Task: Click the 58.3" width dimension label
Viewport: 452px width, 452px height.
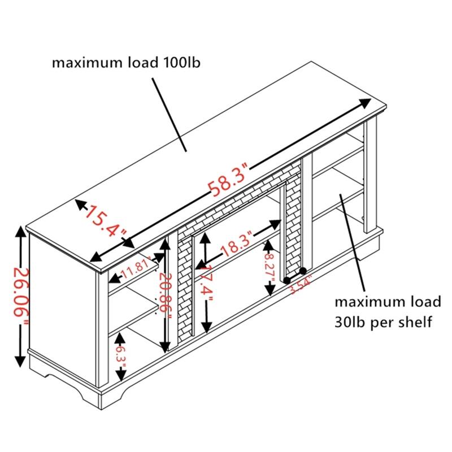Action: coord(228,180)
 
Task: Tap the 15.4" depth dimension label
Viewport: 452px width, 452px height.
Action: coord(105,220)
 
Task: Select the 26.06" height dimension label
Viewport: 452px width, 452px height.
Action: coord(21,297)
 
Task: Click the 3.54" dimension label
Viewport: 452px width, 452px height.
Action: coord(301,285)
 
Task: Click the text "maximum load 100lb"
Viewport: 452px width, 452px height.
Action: coord(126,63)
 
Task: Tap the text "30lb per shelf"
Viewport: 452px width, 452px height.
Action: coord(383,321)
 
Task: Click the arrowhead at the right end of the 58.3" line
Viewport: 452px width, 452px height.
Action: coord(366,103)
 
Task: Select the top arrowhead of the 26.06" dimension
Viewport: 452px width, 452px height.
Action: coord(20,232)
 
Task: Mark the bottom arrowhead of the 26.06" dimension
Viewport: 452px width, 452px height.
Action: coord(20,361)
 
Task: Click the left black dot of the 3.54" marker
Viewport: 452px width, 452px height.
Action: coord(287,280)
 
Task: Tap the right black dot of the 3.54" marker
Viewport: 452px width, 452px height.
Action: coord(303,271)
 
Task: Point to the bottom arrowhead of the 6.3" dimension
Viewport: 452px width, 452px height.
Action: coord(121,375)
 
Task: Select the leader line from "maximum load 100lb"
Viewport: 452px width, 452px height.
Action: coord(169,115)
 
